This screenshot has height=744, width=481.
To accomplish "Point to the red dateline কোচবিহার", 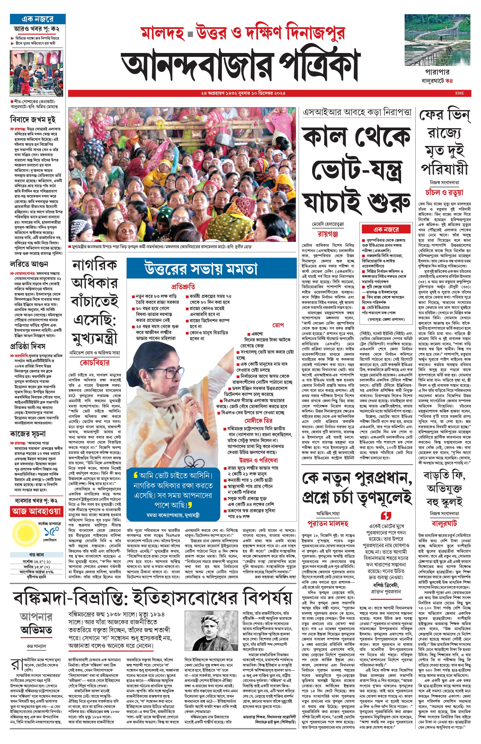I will pyautogui.click(x=95, y=363).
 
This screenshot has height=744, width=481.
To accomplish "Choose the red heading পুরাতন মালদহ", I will pyautogui.click(x=328, y=523).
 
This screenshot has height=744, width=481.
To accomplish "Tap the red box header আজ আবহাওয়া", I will pyautogui.click(x=36, y=512).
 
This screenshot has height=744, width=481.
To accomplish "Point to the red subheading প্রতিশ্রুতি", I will pyautogui.click(x=183, y=286).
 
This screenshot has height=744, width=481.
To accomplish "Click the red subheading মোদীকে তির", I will pyautogui.click(x=258, y=420).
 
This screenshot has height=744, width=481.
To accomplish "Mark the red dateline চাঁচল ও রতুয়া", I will pyautogui.click(x=444, y=192).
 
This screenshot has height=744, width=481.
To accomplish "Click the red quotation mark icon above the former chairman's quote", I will pyautogui.click(x=386, y=515).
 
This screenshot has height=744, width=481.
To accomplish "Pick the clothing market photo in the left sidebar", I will pyautogui.click(x=36, y=73).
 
